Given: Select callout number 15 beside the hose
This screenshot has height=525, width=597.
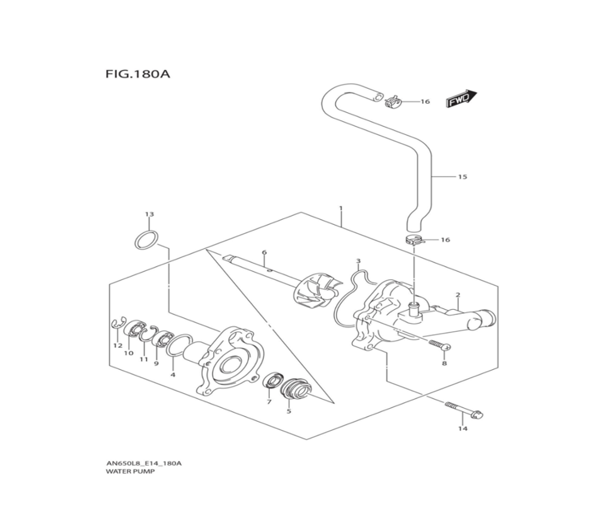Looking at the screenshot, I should [x=462, y=177].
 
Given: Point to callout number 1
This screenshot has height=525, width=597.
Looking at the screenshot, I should [x=340, y=209].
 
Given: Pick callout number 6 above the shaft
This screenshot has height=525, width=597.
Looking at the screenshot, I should [x=264, y=253].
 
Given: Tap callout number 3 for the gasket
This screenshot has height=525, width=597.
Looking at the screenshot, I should [x=358, y=261].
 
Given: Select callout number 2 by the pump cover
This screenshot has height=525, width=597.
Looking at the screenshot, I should [x=457, y=295].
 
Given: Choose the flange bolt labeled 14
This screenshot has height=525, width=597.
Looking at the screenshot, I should [x=463, y=410].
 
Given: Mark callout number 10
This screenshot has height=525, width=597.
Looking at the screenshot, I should [x=128, y=353].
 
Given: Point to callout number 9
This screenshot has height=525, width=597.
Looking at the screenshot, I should [x=156, y=363].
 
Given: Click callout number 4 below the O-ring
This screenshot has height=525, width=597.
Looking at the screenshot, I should [x=173, y=375].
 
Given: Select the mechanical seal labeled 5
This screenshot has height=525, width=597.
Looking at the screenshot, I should [x=296, y=390].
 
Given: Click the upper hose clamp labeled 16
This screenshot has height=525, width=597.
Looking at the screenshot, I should [x=393, y=103].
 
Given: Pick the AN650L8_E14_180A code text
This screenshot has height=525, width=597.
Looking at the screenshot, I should [x=144, y=463].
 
